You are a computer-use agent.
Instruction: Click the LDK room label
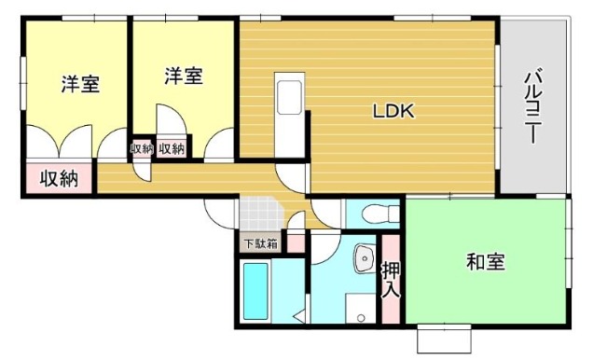coord(393,111)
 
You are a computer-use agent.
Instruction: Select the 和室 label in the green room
coord(486,262)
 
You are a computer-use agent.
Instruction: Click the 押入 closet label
coord(391,279)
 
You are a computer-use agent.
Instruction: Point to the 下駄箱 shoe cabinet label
coord(261,244)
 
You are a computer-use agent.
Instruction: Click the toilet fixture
coord(380,215)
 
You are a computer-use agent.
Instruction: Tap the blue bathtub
coord(255,291)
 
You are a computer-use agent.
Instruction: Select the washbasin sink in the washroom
coord(365,258)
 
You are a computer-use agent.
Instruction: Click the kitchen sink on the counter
coord(289,98)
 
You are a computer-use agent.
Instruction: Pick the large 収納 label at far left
coord(59,178)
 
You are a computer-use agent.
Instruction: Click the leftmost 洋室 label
coord(81,84)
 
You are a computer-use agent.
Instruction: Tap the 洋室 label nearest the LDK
coord(184,76)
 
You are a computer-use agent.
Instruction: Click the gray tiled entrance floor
coord(260,213)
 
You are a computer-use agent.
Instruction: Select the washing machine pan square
coord(361,309)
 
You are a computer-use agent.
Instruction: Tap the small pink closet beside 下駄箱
coord(296,243)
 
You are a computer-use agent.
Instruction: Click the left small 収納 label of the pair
coord(142,149)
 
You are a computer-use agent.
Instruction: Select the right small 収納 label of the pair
coord(172,149)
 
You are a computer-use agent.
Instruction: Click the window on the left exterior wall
coord(23,83)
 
